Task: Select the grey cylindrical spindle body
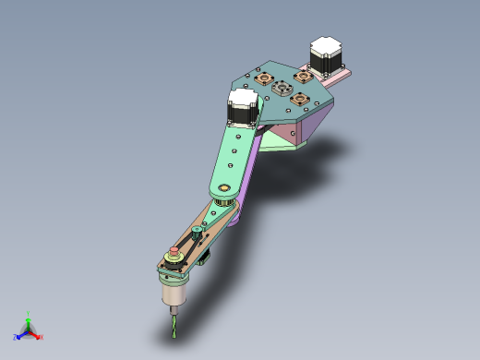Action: coord(174,293)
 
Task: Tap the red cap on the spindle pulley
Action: coord(174,252)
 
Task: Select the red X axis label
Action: coord(41,338)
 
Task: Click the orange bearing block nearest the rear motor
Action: coord(301,77)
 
